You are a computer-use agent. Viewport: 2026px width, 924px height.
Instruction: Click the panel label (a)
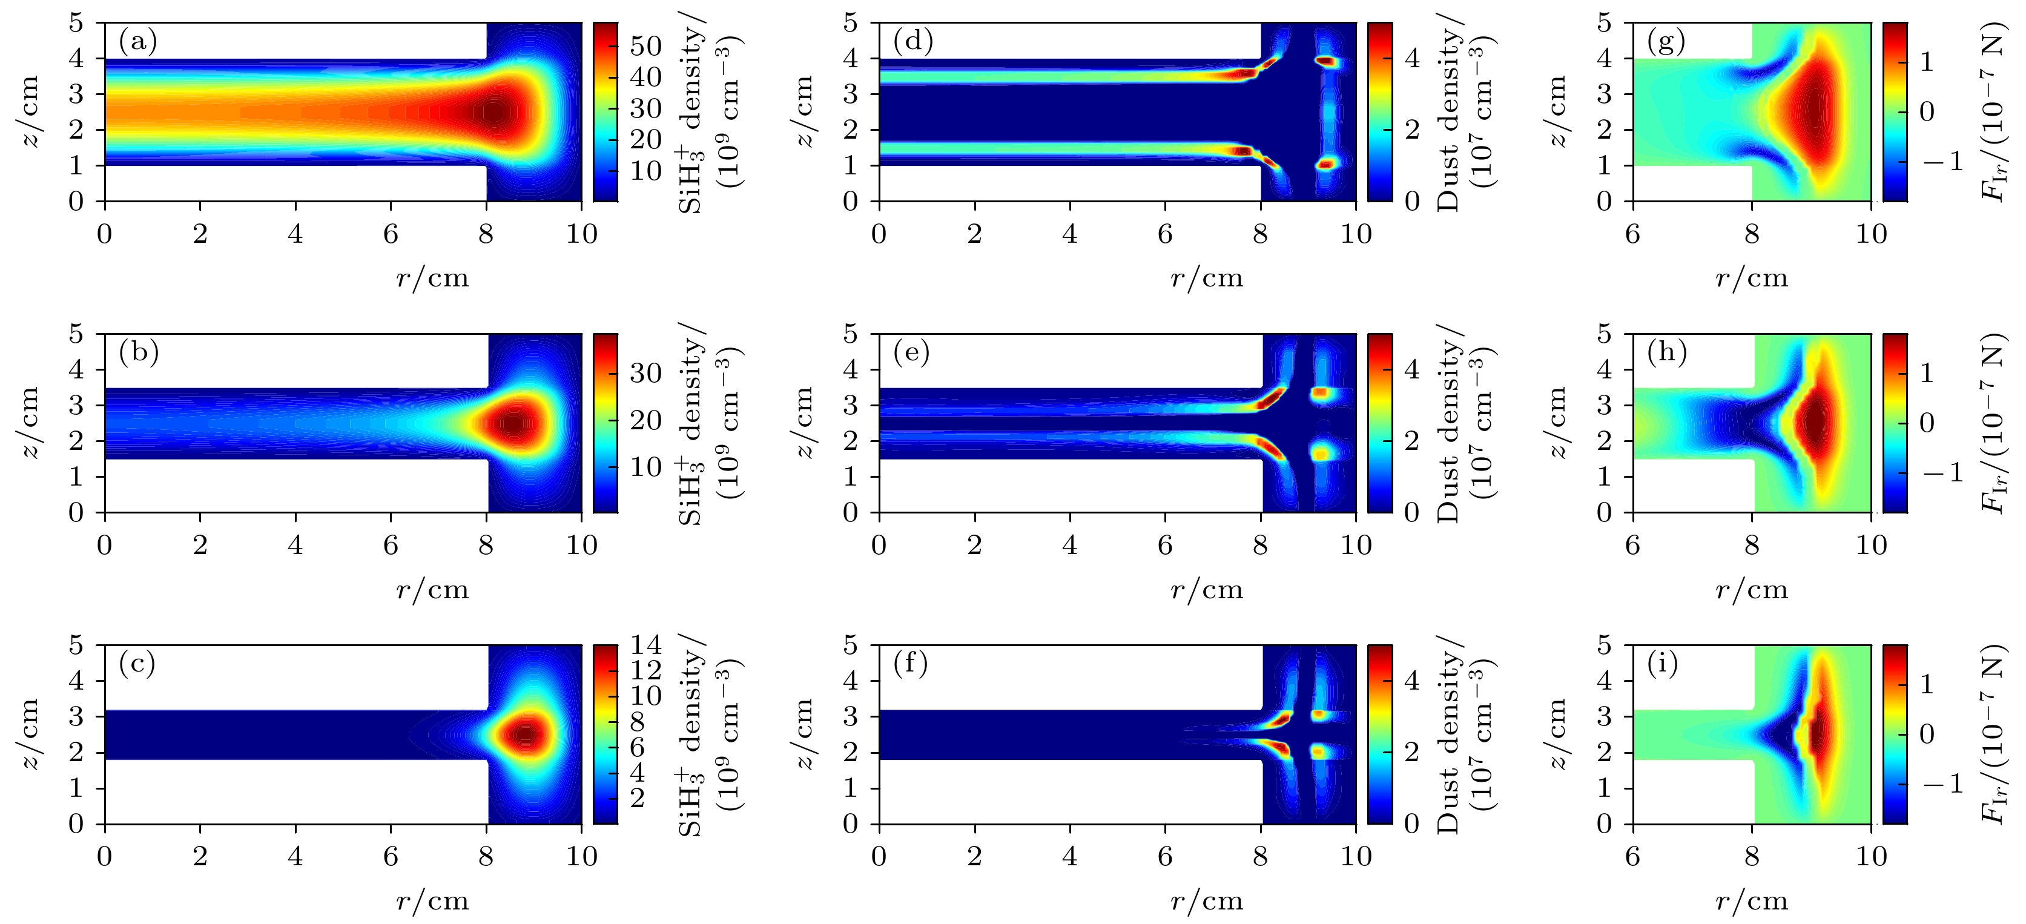137,41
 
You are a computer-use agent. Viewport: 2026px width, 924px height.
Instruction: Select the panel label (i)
1663,664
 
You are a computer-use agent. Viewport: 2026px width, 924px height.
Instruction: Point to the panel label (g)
1666,41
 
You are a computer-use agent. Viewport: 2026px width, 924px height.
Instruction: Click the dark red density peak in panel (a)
493,113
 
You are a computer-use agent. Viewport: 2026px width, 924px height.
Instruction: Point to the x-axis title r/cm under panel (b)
432,590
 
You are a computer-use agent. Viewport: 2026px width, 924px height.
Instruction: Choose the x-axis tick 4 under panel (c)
295,856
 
